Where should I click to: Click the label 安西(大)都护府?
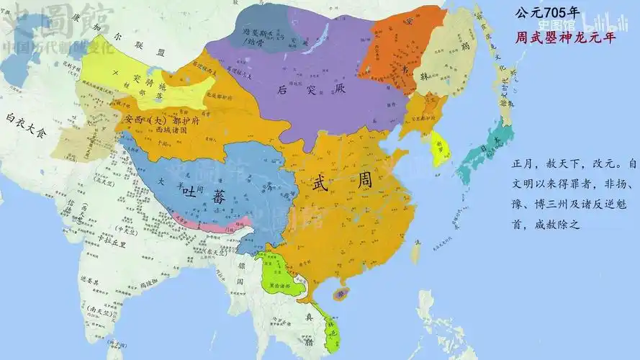pos(162,120)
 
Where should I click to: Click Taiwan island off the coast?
pos(415,252)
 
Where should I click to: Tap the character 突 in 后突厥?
pos(300,90)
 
